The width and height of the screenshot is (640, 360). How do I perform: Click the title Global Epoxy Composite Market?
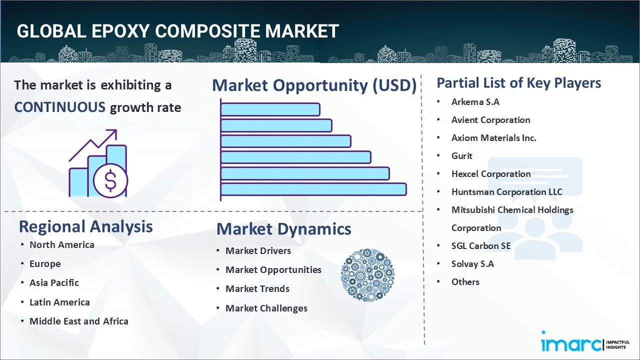(177, 31)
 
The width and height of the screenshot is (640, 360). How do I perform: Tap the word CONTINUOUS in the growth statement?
(59, 107)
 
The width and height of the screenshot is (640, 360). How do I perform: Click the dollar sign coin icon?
(110, 181)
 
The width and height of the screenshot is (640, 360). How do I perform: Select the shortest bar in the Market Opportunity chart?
(270, 109)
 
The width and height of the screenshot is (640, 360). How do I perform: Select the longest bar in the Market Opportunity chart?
(313, 189)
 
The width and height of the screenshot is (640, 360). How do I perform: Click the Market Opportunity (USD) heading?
(314, 85)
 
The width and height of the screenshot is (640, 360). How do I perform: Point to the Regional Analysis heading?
(85, 226)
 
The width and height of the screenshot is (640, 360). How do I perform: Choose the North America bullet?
(61, 244)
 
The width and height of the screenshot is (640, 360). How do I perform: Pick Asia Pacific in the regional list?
(54, 282)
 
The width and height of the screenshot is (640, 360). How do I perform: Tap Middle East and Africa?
(78, 321)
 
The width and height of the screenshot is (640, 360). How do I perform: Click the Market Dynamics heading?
(283, 229)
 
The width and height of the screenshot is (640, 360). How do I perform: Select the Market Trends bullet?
(257, 288)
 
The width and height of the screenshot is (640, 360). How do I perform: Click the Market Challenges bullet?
(266, 308)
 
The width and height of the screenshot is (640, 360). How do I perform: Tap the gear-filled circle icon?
(367, 275)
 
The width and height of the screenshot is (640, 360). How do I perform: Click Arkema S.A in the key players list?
(475, 102)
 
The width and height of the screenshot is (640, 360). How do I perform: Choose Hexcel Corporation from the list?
(490, 174)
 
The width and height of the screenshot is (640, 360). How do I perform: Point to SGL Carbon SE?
(481, 246)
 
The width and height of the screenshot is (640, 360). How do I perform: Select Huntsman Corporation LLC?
(506, 192)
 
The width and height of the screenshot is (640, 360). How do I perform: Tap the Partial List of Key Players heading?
(518, 83)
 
